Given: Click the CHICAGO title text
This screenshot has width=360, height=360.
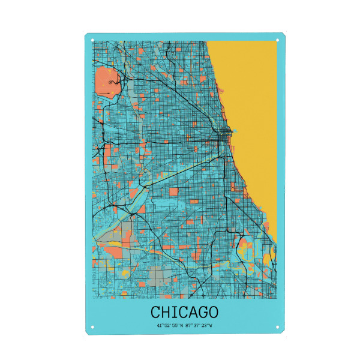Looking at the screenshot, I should click(184, 312).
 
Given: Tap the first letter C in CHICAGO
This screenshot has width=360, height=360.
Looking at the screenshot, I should click(155, 312).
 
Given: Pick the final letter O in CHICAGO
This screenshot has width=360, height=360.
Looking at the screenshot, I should click(212, 312).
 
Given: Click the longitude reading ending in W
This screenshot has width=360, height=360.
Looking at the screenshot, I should click(200, 326).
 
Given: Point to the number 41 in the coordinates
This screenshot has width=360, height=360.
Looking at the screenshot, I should click(159, 326).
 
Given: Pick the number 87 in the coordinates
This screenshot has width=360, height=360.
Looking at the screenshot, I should click(190, 326).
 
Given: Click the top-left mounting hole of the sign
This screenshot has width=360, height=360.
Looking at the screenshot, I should click(92, 40).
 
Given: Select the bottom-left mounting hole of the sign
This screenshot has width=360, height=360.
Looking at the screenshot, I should click(92, 327).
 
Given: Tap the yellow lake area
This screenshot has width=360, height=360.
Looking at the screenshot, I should click(252, 90).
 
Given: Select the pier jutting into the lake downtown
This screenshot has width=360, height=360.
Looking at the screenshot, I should click(236, 130).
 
